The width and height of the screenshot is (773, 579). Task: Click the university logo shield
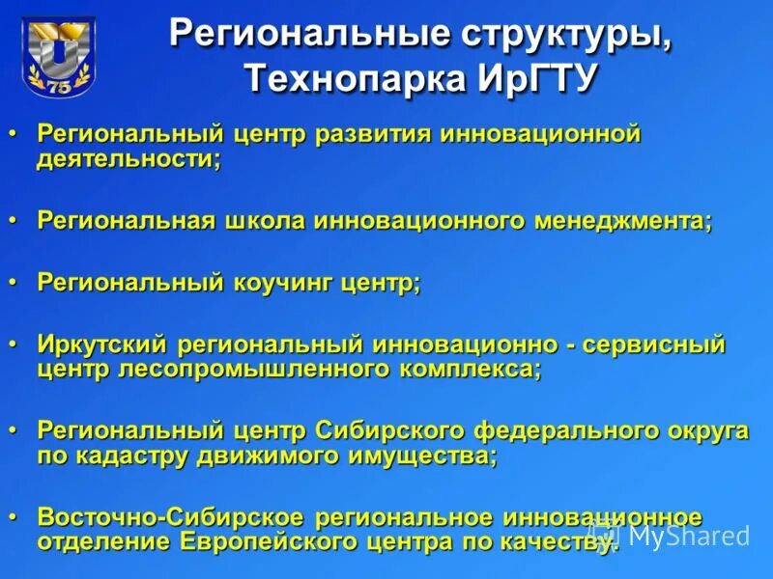pyautogui.click(x=59, y=56)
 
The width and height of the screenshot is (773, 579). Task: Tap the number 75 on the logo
pyautogui.click(x=59, y=86)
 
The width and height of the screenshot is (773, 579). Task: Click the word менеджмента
pyautogui.click(x=620, y=221)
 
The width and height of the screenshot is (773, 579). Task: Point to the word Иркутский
pyautogui.click(x=103, y=345)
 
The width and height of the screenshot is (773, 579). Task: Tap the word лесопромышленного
pyautogui.click(x=214, y=369)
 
